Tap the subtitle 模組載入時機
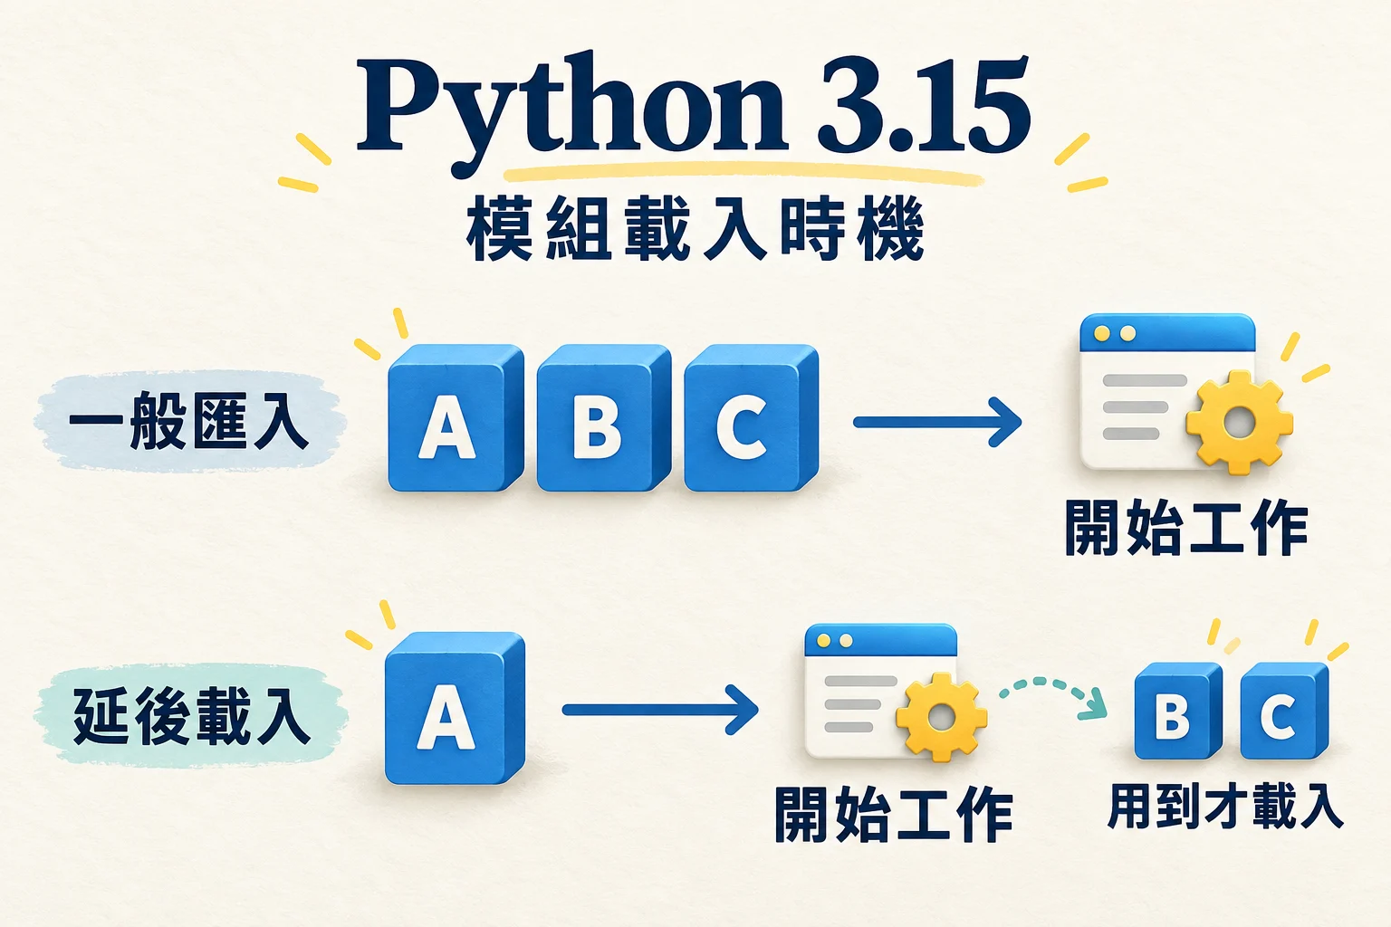tap(695, 228)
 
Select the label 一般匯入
tap(188, 420)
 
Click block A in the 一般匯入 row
tap(456, 417)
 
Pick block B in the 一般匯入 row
tap(603, 417)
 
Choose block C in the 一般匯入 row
tap(751, 417)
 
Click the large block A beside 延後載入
tap(455, 708)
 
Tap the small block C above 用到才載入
tap(1284, 711)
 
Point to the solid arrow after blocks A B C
tap(937, 422)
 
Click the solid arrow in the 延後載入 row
tap(660, 710)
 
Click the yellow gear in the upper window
tap(1240, 423)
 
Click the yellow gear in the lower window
tap(942, 717)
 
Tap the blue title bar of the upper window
tap(1167, 333)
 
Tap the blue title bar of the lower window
tap(880, 640)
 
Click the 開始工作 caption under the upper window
tap(1186, 528)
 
